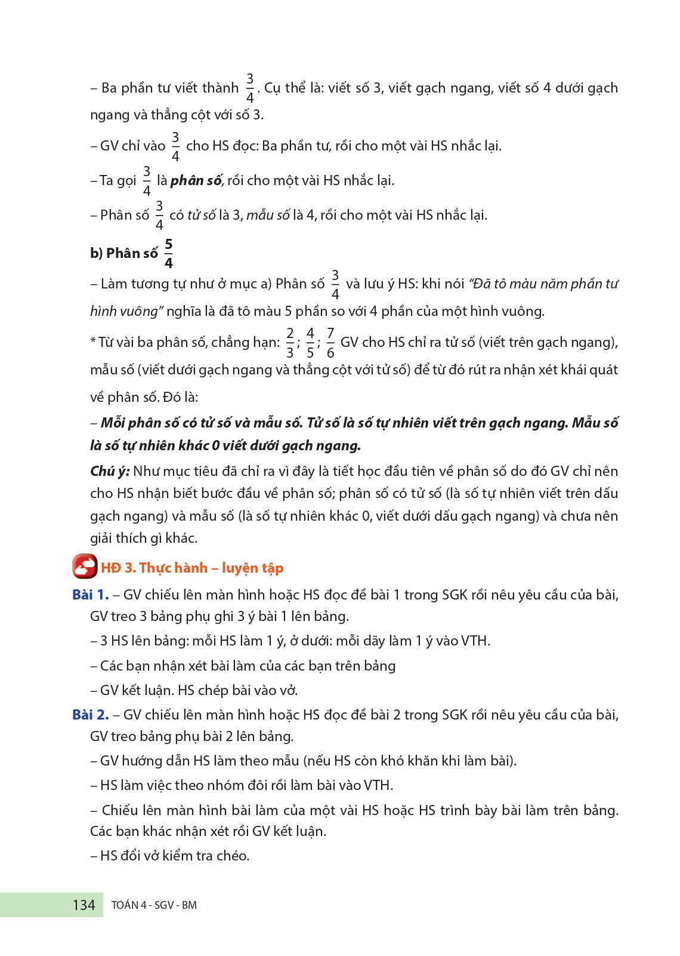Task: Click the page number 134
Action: point(84,905)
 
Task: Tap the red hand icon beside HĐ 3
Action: point(85,567)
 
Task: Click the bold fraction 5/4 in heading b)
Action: point(169,253)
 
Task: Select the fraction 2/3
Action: point(290,343)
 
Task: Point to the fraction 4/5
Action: point(310,343)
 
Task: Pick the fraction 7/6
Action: point(330,343)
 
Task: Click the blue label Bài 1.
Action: point(90,595)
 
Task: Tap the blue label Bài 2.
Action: point(90,715)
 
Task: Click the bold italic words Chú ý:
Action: point(110,471)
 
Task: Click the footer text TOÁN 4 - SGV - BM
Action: point(154,905)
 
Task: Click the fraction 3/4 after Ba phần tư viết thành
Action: point(250,88)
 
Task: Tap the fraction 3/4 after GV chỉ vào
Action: point(175,146)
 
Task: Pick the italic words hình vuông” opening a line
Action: point(126,311)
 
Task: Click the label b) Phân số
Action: point(124,253)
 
